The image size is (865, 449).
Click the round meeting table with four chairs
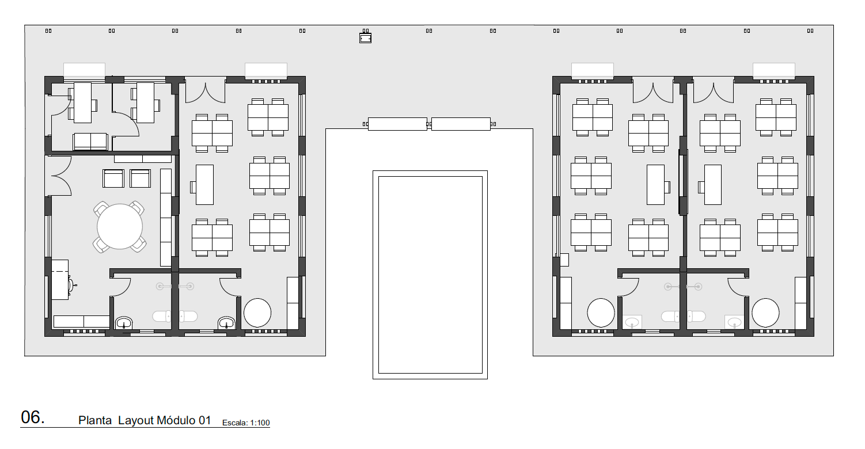tap(119, 227)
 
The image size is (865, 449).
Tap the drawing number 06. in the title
tap(32, 417)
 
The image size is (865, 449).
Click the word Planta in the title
tap(95, 420)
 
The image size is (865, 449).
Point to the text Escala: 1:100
tap(246, 423)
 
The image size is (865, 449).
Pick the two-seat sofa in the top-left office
tap(90, 142)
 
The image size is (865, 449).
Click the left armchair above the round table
tap(113, 178)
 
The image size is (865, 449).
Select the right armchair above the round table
tap(140, 178)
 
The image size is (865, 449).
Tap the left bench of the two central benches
tap(397, 124)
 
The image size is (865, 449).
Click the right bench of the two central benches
tap(461, 124)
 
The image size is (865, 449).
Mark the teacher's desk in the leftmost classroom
tap(204, 185)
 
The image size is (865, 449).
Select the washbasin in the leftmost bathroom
tap(124, 323)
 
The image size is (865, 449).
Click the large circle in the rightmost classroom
tap(765, 313)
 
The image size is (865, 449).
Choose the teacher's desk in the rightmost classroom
tap(712, 185)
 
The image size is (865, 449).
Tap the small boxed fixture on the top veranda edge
tap(365, 38)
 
